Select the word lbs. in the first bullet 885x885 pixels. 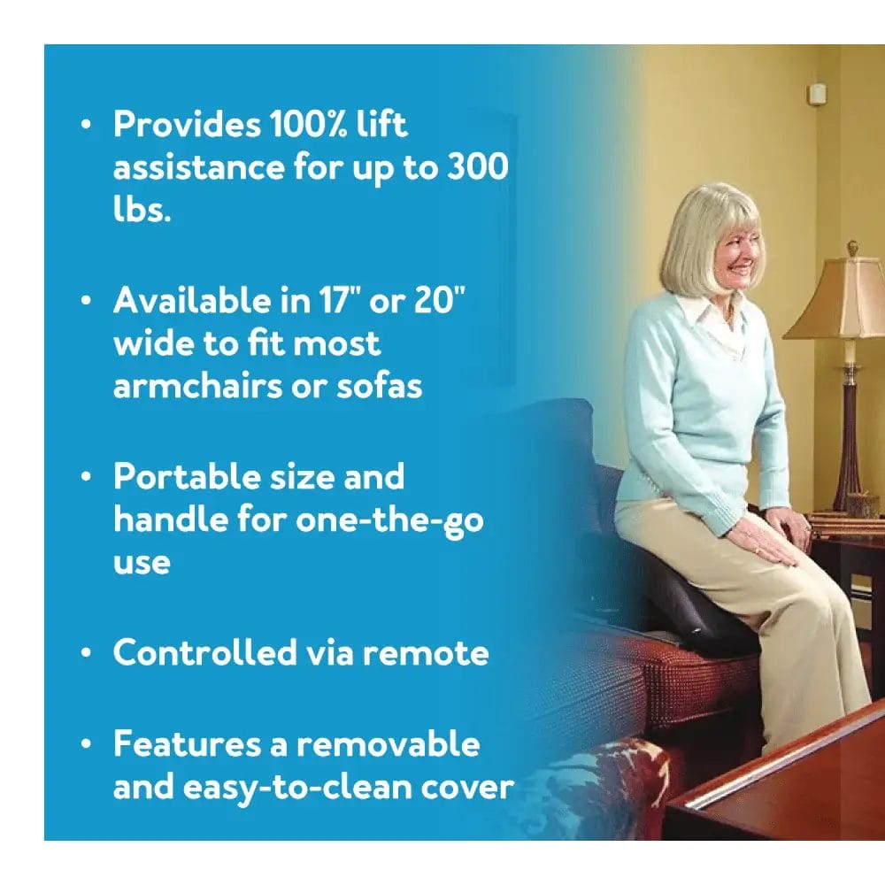click(142, 211)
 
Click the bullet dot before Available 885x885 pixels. click(86, 301)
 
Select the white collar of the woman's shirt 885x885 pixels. click(708, 314)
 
